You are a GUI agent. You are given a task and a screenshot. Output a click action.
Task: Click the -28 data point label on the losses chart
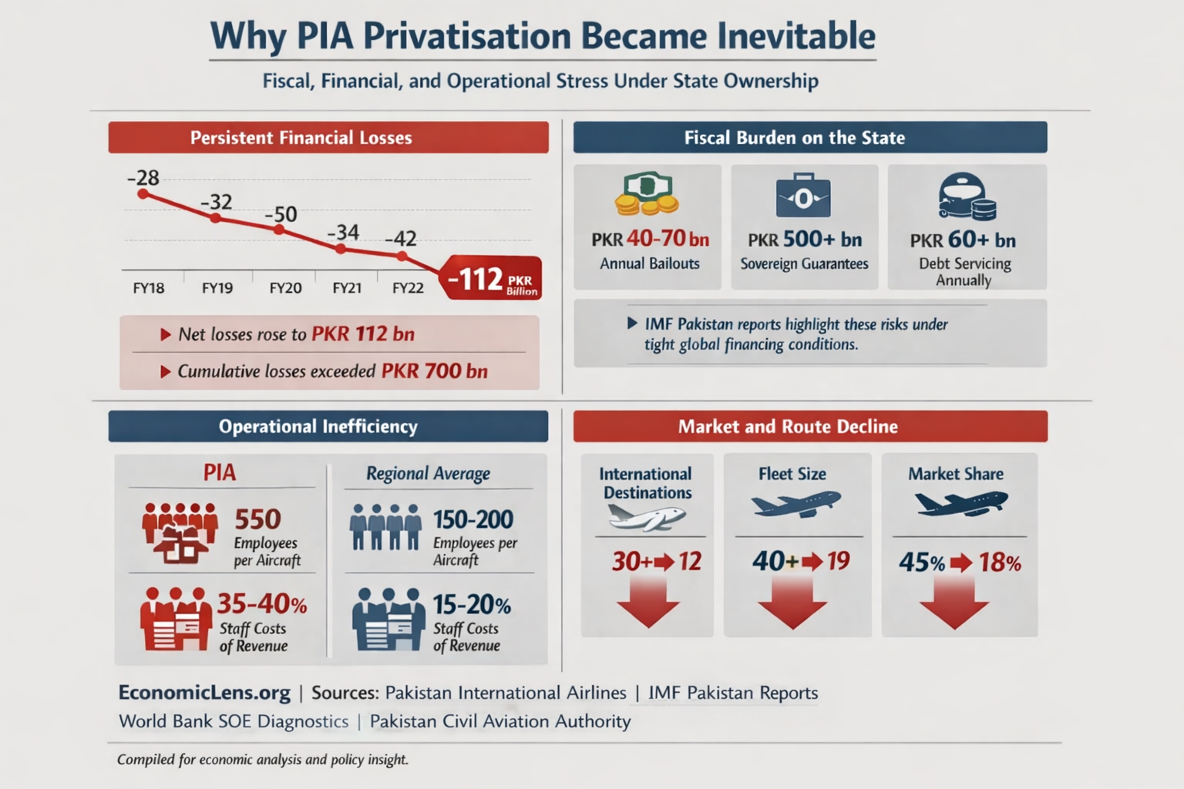[x=143, y=178]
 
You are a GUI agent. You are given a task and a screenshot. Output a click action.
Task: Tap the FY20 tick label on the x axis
[x=285, y=288]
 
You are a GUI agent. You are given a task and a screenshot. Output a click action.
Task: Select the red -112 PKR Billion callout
[x=491, y=279]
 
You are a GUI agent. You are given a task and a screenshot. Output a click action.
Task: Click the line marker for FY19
[x=216, y=218]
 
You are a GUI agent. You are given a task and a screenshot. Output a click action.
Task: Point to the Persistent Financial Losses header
[x=328, y=138]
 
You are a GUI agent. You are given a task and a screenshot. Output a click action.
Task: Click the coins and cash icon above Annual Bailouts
[x=647, y=193]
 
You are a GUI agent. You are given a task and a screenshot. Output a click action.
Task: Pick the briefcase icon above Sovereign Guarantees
[x=803, y=196]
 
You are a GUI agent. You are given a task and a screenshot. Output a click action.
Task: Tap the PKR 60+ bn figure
[x=963, y=240]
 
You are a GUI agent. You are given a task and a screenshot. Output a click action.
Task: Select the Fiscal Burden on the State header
[x=809, y=138]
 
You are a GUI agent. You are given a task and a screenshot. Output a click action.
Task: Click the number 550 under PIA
[x=257, y=519]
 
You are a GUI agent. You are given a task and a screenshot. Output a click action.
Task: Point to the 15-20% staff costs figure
[x=472, y=604]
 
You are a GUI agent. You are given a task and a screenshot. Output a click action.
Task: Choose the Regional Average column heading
[x=428, y=474]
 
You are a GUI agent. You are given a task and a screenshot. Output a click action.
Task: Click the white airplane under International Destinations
[x=646, y=517]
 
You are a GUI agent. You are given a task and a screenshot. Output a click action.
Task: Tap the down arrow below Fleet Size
[x=792, y=605]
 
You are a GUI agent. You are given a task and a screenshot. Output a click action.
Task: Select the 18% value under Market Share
[x=1000, y=563]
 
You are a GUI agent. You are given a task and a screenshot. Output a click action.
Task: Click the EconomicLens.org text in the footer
[x=204, y=693]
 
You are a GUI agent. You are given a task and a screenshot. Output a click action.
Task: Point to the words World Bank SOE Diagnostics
[x=234, y=722]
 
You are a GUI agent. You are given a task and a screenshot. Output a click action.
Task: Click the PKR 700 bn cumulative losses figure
[x=435, y=371]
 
